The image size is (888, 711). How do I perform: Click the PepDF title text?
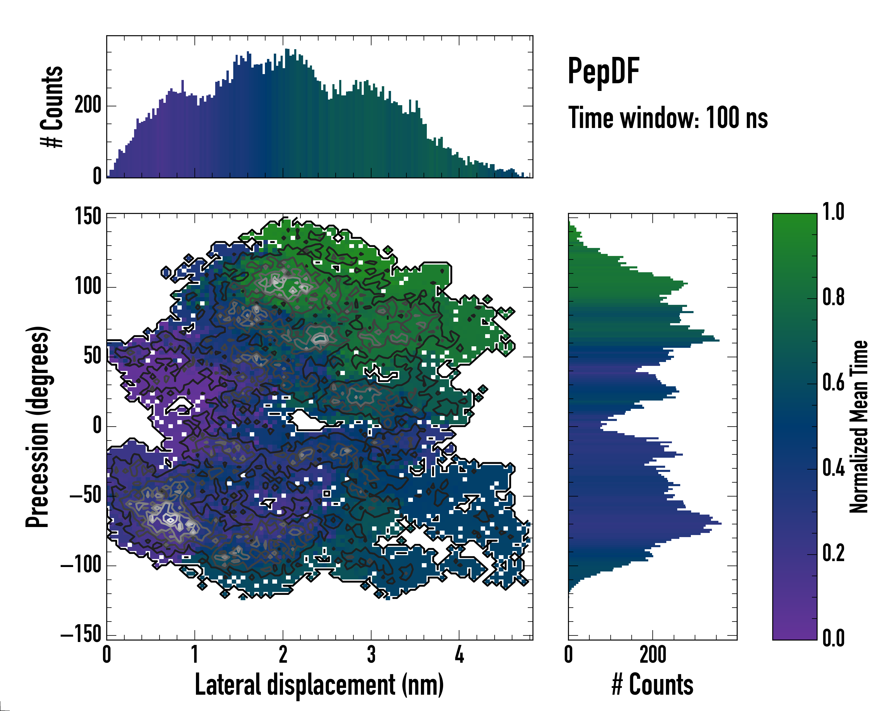tap(603, 71)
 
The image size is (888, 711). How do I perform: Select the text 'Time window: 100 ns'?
tap(668, 118)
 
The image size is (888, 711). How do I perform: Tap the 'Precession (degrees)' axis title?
tap(38, 427)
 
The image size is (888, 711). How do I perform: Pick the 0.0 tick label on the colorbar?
tap(833, 638)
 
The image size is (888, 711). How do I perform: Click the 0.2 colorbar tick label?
tap(833, 553)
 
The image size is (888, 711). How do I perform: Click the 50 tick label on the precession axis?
tap(92, 356)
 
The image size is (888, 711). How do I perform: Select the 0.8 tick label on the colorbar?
tap(833, 297)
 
